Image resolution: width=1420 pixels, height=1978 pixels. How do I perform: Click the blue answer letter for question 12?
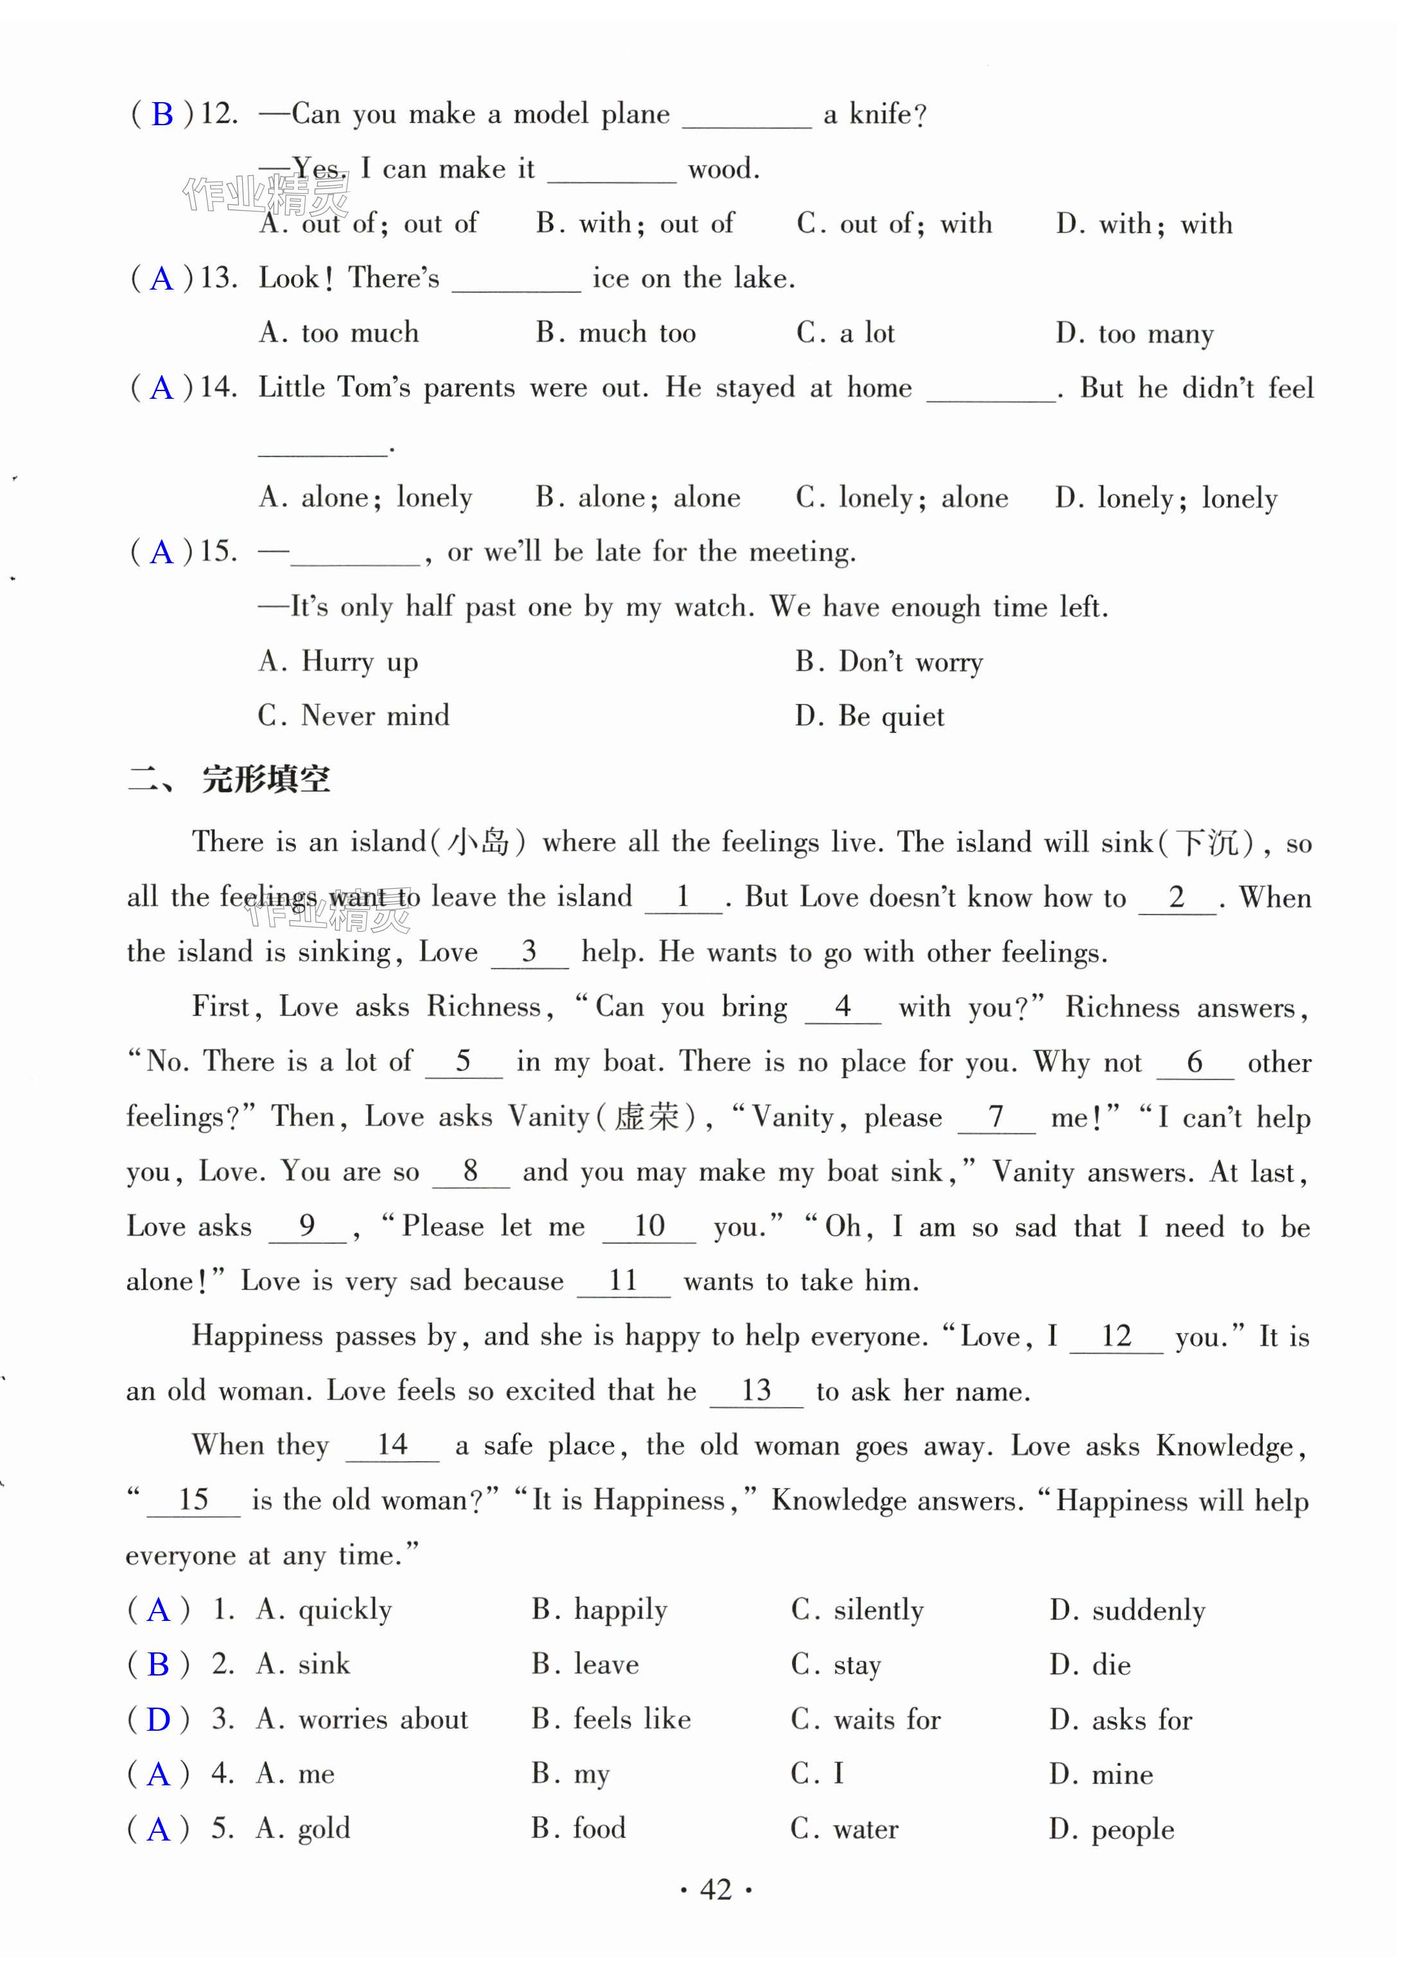(162, 114)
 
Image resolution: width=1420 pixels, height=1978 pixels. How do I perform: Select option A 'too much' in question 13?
(338, 333)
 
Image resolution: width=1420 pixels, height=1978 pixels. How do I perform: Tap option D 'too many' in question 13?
(1134, 333)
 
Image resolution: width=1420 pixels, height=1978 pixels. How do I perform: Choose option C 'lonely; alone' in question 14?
(901, 498)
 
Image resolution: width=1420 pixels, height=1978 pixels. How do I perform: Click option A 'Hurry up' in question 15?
(338, 662)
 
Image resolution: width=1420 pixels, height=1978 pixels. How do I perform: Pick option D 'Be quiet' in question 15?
(869, 716)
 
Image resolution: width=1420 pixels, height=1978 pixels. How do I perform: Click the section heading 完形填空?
(266, 779)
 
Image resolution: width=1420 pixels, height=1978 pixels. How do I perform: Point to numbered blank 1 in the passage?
(683, 897)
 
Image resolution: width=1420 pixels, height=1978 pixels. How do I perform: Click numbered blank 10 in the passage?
(649, 1226)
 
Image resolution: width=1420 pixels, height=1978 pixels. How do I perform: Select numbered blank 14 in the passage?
(392, 1445)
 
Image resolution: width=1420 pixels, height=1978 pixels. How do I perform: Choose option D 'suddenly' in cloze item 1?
(1127, 1610)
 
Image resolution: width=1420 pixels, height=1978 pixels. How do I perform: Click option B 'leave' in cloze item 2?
(585, 1664)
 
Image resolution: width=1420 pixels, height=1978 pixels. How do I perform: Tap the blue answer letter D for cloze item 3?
(159, 1720)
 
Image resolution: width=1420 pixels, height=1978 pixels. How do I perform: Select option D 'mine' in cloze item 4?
(1101, 1774)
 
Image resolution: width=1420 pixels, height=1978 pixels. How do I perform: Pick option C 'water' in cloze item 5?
(845, 1829)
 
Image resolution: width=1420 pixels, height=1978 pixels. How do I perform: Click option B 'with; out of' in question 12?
(635, 224)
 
